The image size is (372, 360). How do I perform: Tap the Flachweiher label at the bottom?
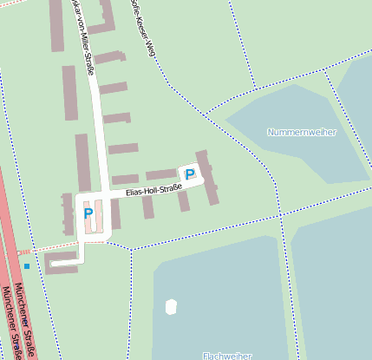pos(226,355)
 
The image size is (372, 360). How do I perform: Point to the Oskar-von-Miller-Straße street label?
pos(88,39)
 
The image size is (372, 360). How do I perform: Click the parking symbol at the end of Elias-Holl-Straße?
pos(189,174)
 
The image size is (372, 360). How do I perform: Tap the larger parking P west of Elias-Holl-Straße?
pos(88,213)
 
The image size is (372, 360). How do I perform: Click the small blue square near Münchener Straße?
pos(27,265)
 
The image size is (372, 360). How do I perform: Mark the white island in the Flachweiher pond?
pos(171,306)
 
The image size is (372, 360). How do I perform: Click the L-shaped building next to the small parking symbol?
pos(207,176)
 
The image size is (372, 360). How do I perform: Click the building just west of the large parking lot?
pos(68,213)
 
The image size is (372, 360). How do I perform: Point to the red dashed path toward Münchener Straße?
pos(48,246)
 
